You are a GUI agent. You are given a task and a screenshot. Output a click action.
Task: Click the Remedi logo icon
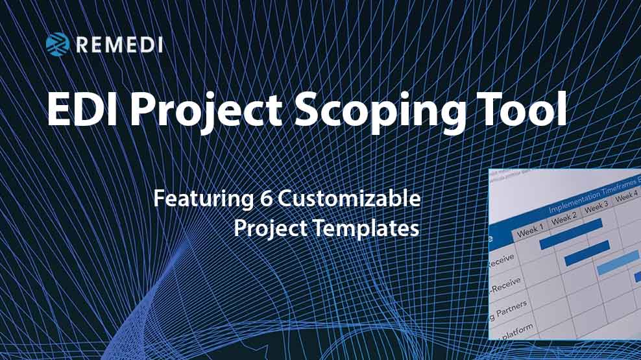pos(58,43)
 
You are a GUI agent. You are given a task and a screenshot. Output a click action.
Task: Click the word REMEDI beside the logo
pos(119,44)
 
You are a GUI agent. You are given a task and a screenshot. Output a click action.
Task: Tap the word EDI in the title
pos(82,112)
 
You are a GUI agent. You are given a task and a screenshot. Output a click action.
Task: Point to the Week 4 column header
pos(626,197)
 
